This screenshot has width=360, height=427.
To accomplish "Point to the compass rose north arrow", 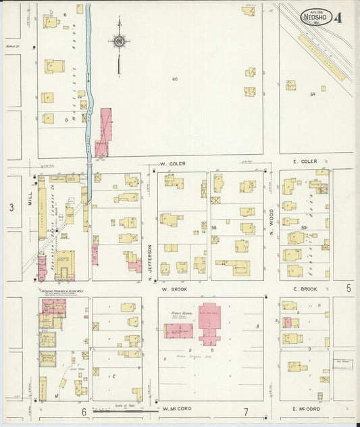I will point(119,42).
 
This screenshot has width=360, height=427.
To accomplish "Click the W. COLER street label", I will point(172,164).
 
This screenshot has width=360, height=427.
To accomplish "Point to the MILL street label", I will point(29,197).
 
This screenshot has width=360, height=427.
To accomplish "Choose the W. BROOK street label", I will point(173,288).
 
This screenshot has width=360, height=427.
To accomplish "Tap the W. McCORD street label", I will point(175,409).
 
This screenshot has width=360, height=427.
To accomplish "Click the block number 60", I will point(174,79).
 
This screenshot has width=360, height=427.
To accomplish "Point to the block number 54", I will point(313,94).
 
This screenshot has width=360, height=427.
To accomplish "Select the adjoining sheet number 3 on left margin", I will point(11,208).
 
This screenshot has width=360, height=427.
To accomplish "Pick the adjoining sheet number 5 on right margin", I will point(349,288).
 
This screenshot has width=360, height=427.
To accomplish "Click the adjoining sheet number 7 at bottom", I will point(246,411).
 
